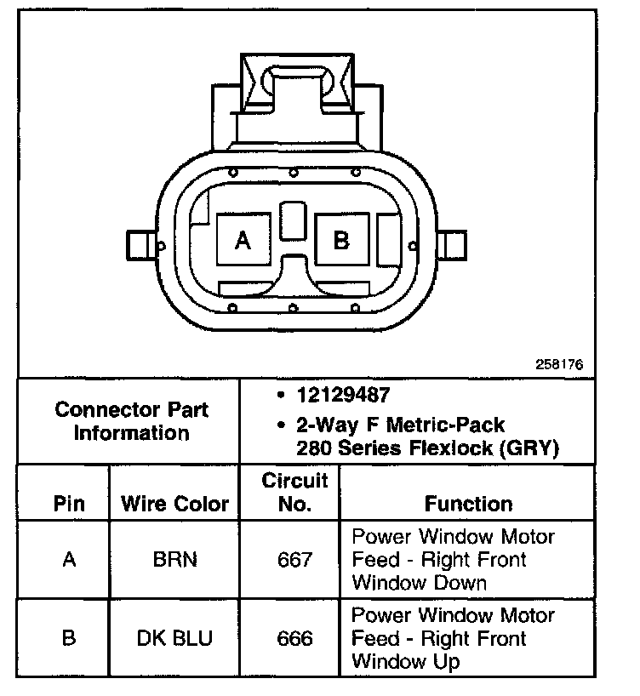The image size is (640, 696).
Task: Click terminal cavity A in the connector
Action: (x=243, y=240)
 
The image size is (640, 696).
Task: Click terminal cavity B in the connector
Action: (x=341, y=240)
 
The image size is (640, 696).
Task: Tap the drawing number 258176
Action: (x=559, y=363)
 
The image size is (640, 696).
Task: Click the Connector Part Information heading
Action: (x=131, y=420)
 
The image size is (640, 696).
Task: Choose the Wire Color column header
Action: (x=174, y=503)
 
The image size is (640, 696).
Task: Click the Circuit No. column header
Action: (x=294, y=492)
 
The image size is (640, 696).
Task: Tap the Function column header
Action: (x=468, y=503)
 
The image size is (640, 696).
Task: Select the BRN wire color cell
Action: (x=174, y=560)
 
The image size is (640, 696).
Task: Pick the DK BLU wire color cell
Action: (x=174, y=638)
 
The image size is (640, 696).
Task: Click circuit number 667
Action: (x=294, y=560)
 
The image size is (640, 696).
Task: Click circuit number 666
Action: (x=294, y=638)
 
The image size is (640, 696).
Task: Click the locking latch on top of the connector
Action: (x=294, y=85)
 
